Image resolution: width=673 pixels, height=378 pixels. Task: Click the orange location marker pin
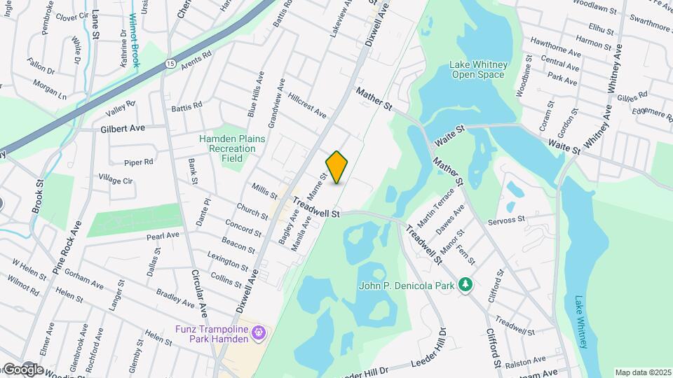tap(337, 167)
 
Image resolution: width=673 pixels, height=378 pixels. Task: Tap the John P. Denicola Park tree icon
tap(464, 284)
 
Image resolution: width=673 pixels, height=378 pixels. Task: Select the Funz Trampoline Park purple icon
tap(259, 330)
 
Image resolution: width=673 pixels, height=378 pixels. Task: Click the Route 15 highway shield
tap(170, 64)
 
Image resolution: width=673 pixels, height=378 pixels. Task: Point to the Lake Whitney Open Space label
tap(477, 70)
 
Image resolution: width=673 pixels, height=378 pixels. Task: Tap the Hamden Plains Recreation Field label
tap(232, 148)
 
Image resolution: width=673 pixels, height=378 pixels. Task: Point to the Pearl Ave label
tap(163, 236)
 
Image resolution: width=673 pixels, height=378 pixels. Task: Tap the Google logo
tap(22, 370)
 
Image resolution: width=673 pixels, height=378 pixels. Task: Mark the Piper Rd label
tap(139, 162)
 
